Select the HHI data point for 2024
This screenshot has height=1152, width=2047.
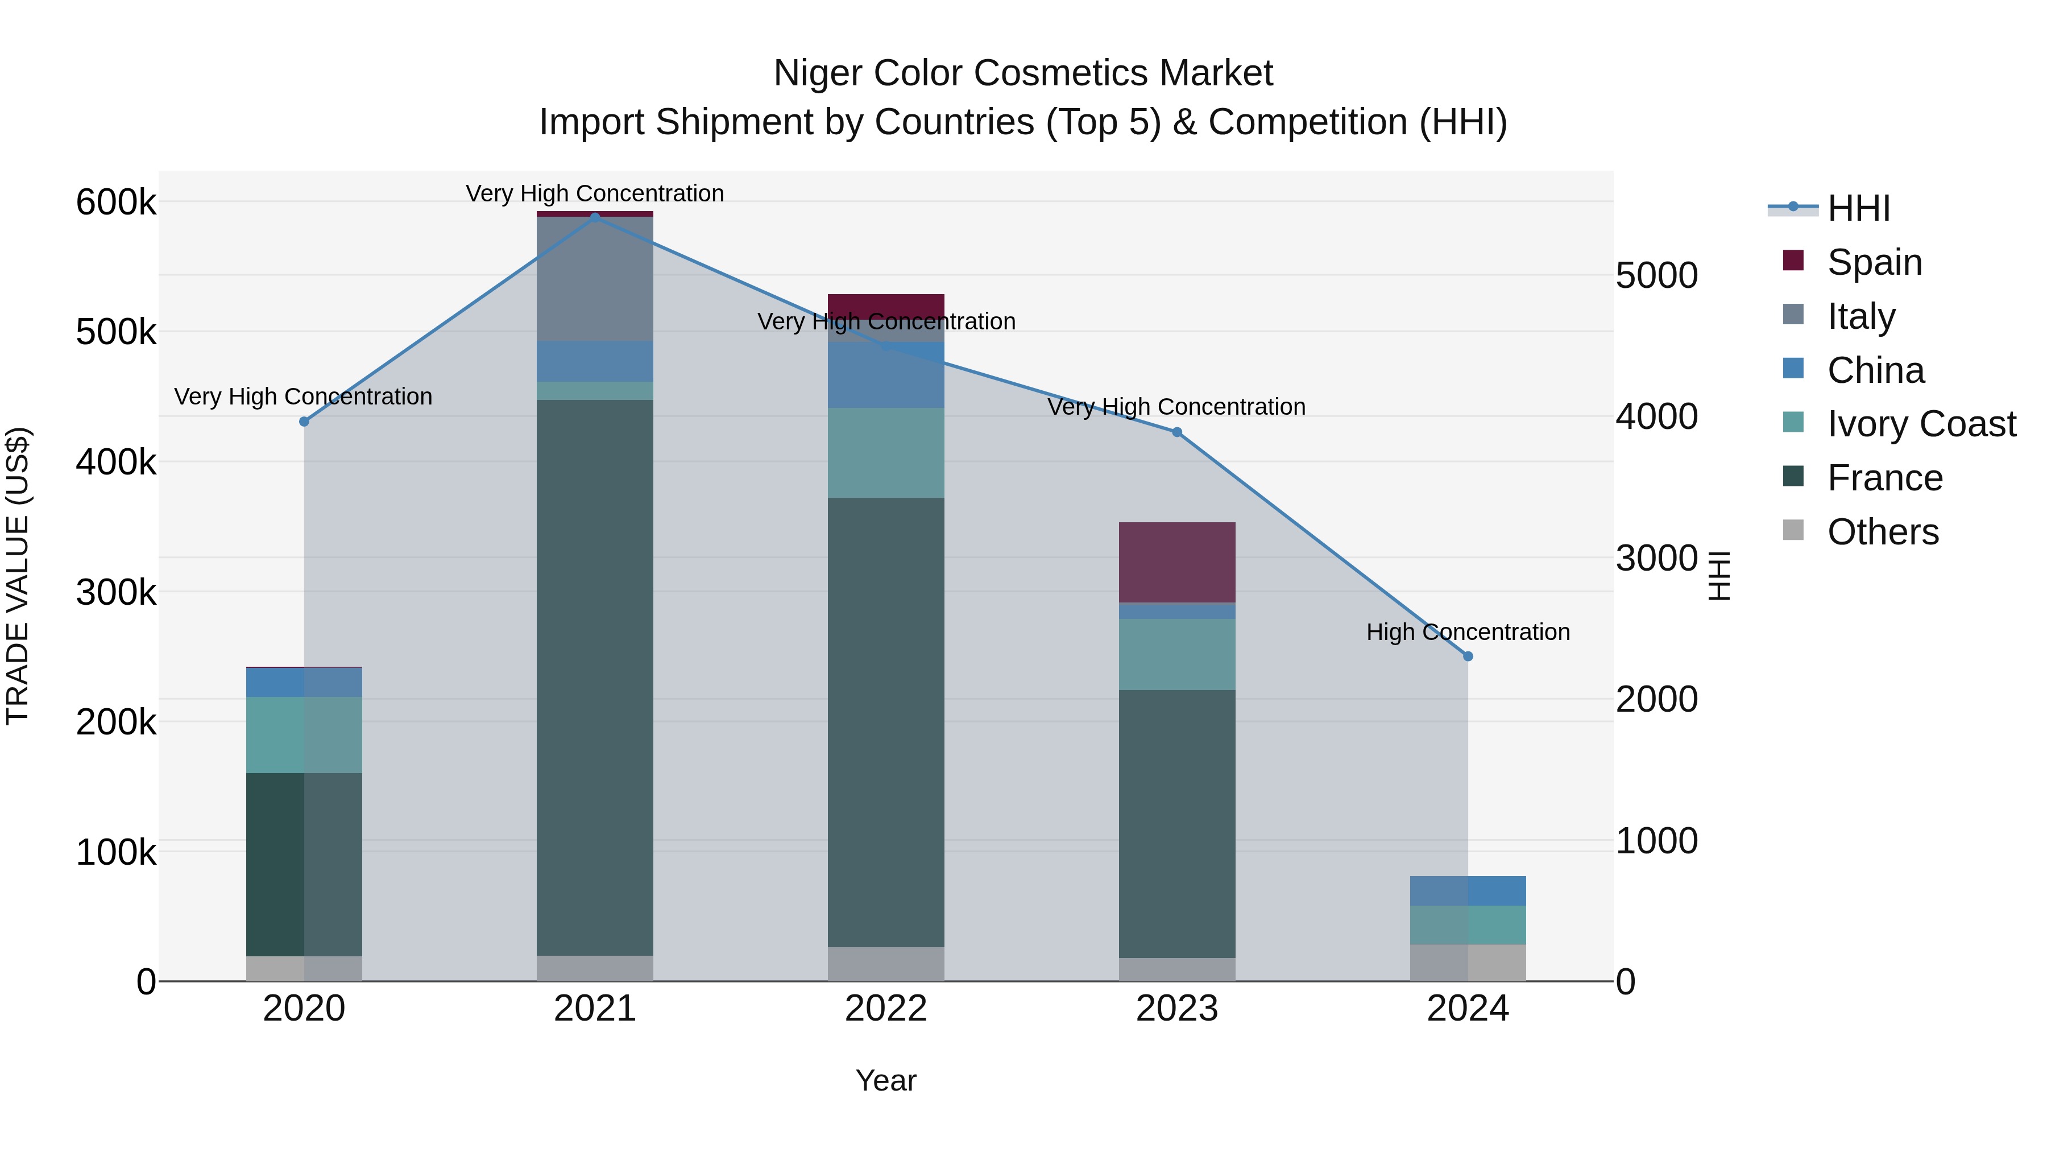tap(1468, 656)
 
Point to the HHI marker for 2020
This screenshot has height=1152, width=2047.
tap(304, 422)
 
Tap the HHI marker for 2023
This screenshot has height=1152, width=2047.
tap(1177, 432)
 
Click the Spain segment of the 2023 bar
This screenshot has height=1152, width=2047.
tap(1177, 562)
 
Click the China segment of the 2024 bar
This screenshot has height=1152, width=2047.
tap(1468, 890)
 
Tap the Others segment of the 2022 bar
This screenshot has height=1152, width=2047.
tap(886, 964)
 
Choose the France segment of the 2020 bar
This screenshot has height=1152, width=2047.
tap(304, 864)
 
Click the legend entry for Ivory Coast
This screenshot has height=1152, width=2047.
tap(1921, 424)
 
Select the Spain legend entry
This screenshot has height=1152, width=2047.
tap(1874, 262)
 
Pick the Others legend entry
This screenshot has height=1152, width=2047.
tap(1883, 532)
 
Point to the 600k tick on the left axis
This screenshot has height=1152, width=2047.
tap(116, 203)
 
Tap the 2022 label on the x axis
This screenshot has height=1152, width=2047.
tap(886, 1009)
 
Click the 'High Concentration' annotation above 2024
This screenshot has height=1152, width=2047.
tap(1468, 632)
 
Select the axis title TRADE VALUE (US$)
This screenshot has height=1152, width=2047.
tap(18, 576)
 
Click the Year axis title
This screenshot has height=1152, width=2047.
tap(886, 1080)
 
